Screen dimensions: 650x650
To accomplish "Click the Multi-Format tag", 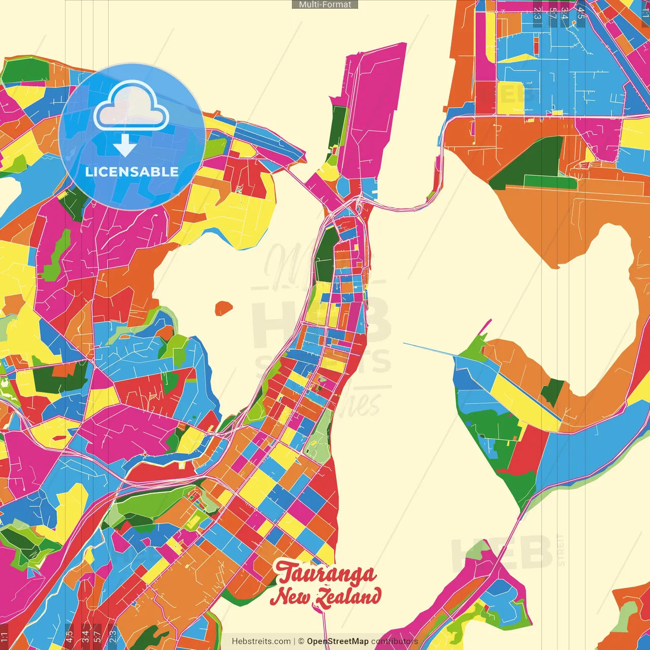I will [325, 5].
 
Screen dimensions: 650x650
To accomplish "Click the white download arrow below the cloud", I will [124, 146].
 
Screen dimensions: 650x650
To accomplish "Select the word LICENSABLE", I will [132, 172].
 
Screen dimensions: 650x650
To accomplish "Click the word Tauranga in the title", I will [327, 574].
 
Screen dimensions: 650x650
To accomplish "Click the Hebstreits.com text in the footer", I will [261, 641].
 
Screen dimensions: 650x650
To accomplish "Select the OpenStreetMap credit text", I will [337, 641].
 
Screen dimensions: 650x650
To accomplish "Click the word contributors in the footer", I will [394, 641].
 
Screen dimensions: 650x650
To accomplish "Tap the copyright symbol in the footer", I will [301, 641].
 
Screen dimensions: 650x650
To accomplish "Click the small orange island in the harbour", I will [223, 308].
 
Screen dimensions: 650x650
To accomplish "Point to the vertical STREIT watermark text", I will [561, 550].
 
